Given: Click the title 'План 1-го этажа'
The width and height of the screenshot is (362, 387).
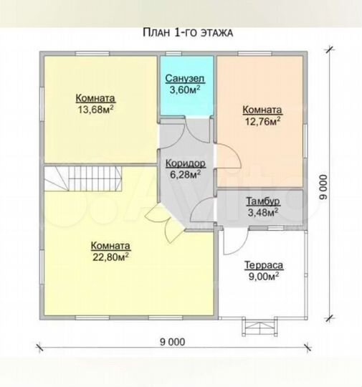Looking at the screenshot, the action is pyautogui.click(x=188, y=33).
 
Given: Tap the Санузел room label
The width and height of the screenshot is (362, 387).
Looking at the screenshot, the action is pyautogui.click(x=185, y=79).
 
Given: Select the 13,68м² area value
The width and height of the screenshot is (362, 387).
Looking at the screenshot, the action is pyautogui.click(x=96, y=109).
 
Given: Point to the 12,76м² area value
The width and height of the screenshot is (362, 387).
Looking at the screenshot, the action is pyautogui.click(x=262, y=120).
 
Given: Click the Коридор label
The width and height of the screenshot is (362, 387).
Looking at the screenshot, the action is pyautogui.click(x=186, y=163).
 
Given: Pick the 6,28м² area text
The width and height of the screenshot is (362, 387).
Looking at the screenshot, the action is pyautogui.click(x=185, y=174).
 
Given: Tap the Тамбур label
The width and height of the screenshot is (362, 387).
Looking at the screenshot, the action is pyautogui.click(x=263, y=201).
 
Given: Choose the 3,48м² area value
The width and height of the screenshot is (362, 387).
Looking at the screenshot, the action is pyautogui.click(x=263, y=212).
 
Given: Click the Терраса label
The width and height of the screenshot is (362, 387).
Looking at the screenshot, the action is pyautogui.click(x=264, y=265).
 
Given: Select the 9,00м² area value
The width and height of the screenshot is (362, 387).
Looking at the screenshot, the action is pyautogui.click(x=264, y=277).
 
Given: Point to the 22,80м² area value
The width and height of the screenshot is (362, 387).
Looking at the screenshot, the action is pyautogui.click(x=110, y=257).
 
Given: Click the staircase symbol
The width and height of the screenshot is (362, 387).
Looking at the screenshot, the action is pyautogui.click(x=83, y=178).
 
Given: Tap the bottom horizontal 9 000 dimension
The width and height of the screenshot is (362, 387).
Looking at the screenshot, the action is pyautogui.click(x=172, y=342).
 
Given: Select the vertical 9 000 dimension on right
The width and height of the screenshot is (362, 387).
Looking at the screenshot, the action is pyautogui.click(x=323, y=187).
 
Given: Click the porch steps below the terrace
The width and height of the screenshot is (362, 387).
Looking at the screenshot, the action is pyautogui.click(x=259, y=327).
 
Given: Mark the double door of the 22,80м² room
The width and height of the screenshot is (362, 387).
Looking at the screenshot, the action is pyautogui.click(x=165, y=223).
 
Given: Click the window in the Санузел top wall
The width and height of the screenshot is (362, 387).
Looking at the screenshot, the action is pyautogui.click(x=173, y=54).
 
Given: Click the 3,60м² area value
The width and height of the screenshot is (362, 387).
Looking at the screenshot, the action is pyautogui.click(x=185, y=90).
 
